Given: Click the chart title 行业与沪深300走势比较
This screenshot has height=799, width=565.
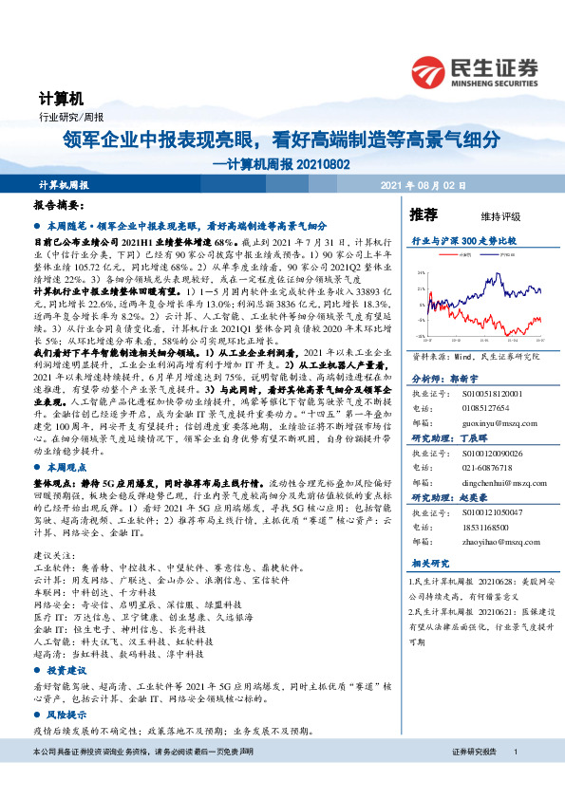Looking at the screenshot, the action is pyautogui.click(x=463, y=242).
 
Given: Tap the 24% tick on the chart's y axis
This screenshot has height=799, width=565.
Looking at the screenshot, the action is pyautogui.click(x=420, y=273).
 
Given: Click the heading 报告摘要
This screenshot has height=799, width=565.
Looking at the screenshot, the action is pyautogui.click(x=59, y=205).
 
